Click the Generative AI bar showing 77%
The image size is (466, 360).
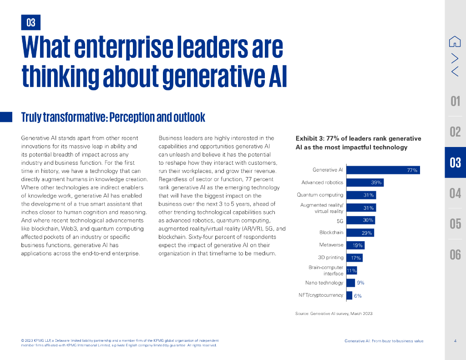click(383, 170)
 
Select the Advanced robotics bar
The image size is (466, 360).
click(365, 183)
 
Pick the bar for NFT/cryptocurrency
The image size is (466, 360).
click(349, 295)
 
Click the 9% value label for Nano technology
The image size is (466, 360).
click(360, 283)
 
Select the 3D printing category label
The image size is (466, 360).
click(330, 258)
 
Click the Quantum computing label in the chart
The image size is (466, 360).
click(320, 195)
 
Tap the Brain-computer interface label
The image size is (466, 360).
click(325, 270)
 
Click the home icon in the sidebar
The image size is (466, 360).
click(455, 41)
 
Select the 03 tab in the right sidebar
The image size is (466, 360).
click(455, 162)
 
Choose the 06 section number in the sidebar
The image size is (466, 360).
click(455, 254)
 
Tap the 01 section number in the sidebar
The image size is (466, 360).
click(455, 101)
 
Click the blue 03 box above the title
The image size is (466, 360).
click(31, 22)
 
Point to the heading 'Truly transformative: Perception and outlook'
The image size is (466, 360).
click(113, 117)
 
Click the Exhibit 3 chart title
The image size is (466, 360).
click(358, 143)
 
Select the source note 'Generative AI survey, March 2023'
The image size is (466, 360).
click(334, 313)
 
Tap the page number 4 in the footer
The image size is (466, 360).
click(455, 341)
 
